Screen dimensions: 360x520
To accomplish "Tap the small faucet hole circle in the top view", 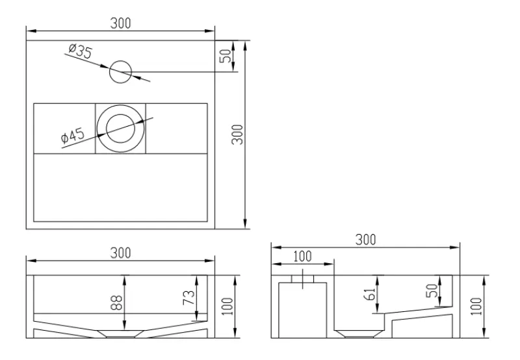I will coord(120,71).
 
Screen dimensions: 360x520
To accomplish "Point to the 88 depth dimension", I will coord(118,303).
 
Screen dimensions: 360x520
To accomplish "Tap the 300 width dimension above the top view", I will coord(120,23).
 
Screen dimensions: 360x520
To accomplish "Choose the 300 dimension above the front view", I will coord(120,252).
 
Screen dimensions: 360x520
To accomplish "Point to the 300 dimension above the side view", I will coord(366,239).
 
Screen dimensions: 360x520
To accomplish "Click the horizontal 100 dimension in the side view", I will coord(302,256).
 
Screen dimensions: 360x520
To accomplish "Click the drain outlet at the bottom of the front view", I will coord(120,334).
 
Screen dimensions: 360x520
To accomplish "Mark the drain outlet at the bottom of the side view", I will coord(356,333).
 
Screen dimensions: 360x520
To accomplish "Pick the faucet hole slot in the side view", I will coord(302,279).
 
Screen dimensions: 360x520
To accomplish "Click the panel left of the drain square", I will coord(64,128).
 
